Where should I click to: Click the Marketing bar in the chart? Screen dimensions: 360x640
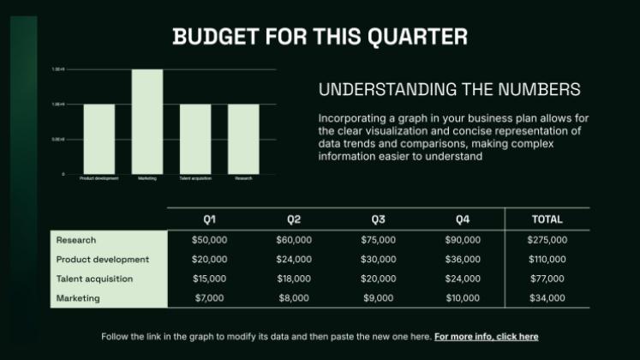point(147,121)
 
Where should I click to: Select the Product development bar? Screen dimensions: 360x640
point(99,139)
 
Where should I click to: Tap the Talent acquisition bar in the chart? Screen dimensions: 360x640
point(195,139)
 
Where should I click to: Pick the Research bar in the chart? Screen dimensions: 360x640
point(243,139)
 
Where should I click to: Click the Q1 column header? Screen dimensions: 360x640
point(209,219)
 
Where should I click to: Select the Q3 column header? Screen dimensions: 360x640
point(378,219)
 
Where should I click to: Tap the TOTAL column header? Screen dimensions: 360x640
point(547,219)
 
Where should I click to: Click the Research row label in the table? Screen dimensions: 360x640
point(76,240)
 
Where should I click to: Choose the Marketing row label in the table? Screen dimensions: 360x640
point(78,298)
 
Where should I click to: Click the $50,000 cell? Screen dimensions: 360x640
point(209,240)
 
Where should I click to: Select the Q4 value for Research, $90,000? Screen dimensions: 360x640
point(463,240)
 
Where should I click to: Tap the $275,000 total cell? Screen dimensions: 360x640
point(547,240)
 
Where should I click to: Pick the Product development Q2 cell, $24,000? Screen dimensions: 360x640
point(294,259)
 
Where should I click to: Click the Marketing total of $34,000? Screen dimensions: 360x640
point(547,298)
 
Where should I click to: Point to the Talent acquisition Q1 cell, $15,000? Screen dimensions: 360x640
point(209,279)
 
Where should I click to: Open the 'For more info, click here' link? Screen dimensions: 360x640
point(486,337)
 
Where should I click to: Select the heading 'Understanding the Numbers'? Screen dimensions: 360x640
point(449,89)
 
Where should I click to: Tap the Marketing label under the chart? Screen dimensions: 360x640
point(147,178)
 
